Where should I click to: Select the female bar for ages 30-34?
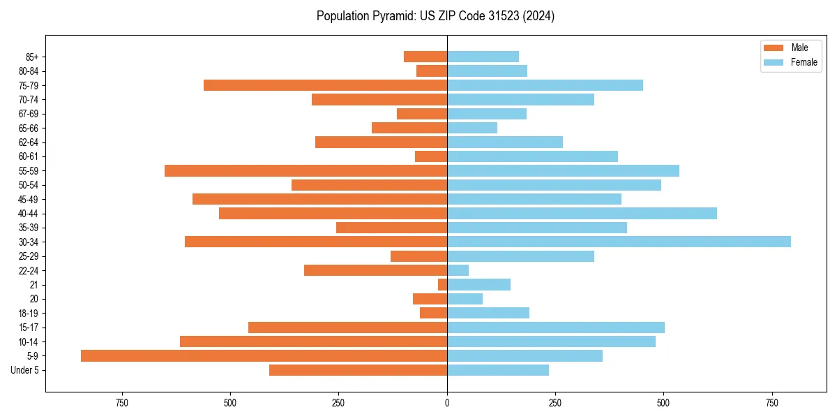(619, 242)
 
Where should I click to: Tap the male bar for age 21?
(442, 284)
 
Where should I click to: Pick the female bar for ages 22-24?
(458, 270)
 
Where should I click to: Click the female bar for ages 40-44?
(582, 213)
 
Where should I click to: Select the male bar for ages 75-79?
(325, 85)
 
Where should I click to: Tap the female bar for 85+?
(483, 57)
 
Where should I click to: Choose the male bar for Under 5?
(358, 370)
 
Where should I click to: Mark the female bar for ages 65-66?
(472, 128)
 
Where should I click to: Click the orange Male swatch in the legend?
(774, 47)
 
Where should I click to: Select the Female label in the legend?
(804, 62)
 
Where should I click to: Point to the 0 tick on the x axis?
(447, 404)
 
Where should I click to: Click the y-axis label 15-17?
(28, 328)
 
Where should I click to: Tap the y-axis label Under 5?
(24, 370)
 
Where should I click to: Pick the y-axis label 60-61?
(28, 156)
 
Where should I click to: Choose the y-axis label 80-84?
(28, 71)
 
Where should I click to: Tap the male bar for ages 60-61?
(431, 156)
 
